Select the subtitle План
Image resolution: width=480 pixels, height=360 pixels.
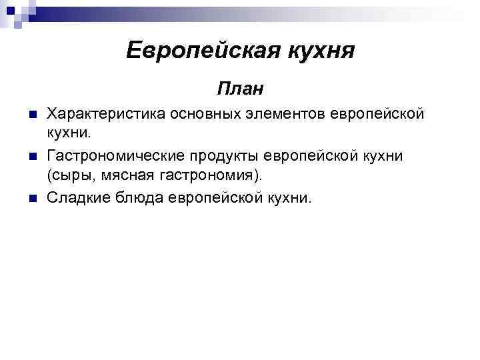240,87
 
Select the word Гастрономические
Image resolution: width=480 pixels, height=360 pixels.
113,155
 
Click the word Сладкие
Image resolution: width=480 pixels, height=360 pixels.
76,198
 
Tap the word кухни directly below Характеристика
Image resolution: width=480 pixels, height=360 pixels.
67,134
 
